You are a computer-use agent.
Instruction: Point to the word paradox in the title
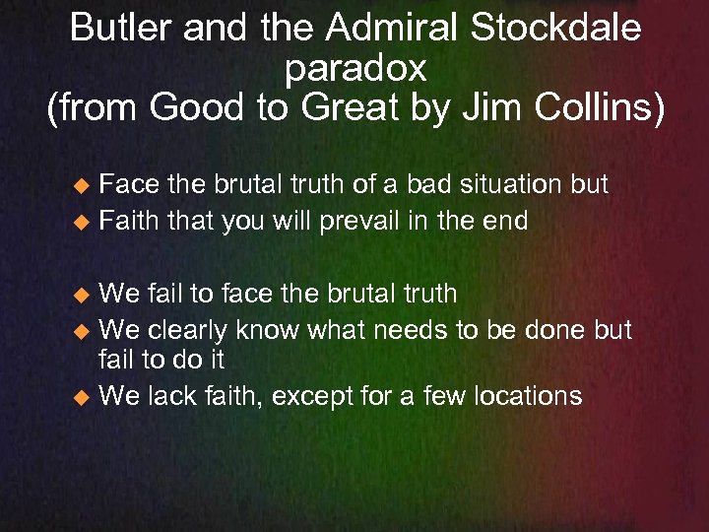354,69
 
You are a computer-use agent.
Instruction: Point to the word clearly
190,329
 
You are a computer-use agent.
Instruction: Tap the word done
550,329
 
